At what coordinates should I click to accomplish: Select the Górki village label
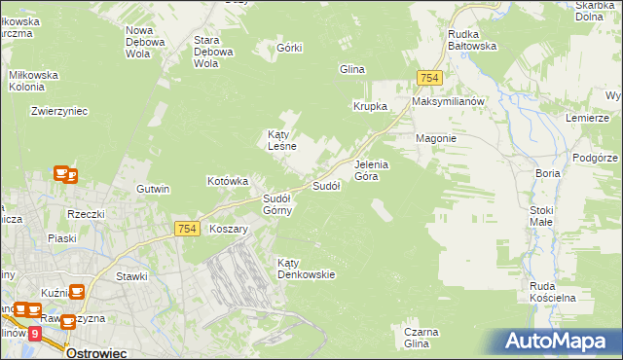coord(290,48)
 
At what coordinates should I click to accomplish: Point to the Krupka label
coord(370,106)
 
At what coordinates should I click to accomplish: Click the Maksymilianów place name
coord(448,101)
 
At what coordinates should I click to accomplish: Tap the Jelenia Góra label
coord(371,170)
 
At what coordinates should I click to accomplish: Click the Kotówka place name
coord(229,181)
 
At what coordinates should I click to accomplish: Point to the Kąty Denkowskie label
coord(306,268)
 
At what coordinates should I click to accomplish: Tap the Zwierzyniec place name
coord(59,111)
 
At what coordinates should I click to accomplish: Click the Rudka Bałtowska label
coord(472,39)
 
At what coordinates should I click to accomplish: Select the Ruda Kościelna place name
coord(554,291)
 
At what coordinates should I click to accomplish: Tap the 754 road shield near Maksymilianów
coord(429,78)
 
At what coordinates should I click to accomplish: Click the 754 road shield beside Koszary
coord(188,228)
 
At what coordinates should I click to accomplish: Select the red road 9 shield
coord(35,333)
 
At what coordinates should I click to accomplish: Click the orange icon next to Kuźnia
coord(76,291)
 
